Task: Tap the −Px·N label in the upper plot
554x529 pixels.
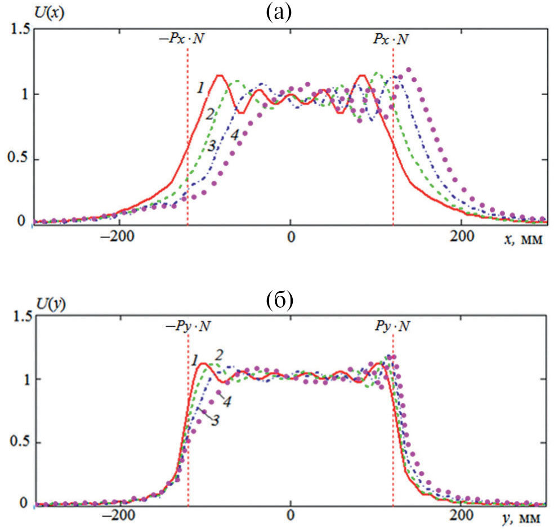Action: point(186,39)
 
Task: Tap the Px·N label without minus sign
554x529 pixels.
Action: point(390,39)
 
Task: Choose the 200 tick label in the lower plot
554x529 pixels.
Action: point(462,517)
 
